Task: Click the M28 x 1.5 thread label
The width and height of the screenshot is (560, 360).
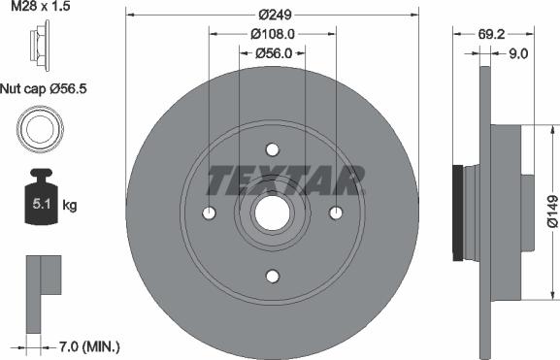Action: coord(42,9)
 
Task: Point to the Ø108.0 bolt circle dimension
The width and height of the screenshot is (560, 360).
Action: coord(274,33)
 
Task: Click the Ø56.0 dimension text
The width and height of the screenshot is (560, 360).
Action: coord(274,54)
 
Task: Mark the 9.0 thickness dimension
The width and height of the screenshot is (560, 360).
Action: coord(517,54)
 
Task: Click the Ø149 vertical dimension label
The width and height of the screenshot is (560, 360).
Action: coord(551,211)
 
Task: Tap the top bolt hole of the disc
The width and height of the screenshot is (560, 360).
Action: coord(272,149)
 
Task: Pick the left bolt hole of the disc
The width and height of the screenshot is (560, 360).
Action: coord(209,213)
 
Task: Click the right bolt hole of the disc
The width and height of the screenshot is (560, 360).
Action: coord(336,213)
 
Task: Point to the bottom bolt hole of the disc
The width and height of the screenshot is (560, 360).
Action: coord(272,277)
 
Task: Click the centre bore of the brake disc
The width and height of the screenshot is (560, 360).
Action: coord(272,213)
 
